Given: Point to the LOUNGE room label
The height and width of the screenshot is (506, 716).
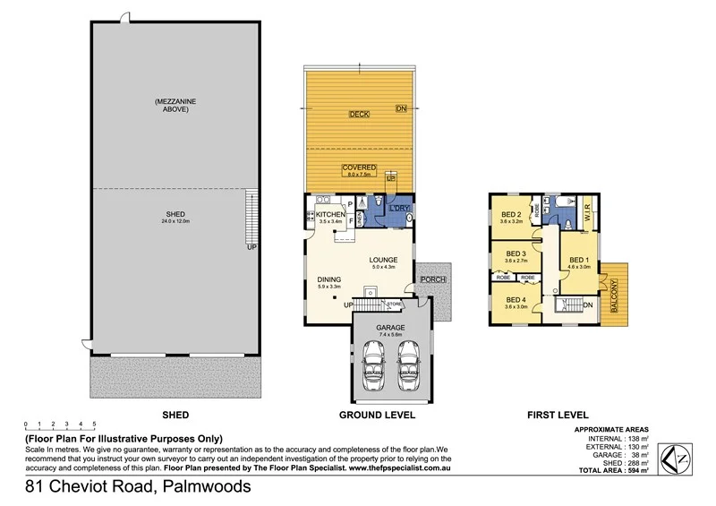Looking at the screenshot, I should (x=383, y=261).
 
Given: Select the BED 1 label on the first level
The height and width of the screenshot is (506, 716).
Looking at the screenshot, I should (x=578, y=262).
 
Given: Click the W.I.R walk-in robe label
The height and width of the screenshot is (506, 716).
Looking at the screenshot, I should (x=588, y=213).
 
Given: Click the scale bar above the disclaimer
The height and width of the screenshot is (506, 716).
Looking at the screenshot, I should (x=60, y=427).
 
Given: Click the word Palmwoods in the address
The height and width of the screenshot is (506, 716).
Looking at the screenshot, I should (x=201, y=488).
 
